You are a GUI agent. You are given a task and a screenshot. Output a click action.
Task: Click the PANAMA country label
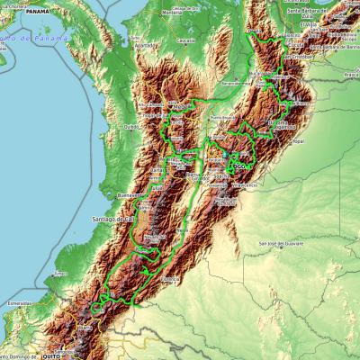click(x=37, y=13)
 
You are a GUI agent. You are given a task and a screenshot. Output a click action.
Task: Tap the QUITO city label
click(x=52, y=355)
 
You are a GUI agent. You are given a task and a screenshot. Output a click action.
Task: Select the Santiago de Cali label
click(x=112, y=219)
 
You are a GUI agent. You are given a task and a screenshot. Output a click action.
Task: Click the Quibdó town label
click(x=131, y=126)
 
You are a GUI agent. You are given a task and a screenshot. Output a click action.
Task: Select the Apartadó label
click(x=141, y=43)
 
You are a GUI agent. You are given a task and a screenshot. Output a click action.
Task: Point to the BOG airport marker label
click(x=238, y=166)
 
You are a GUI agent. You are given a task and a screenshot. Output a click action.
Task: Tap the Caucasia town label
click(x=184, y=41)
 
